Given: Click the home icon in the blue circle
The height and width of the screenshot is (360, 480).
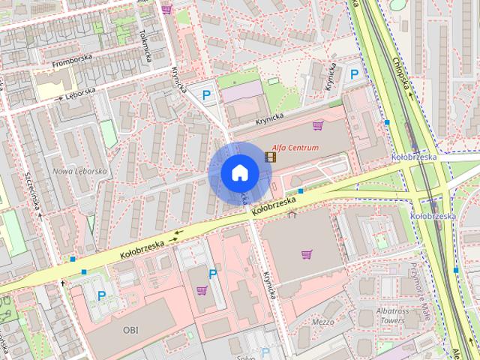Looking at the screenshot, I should click(x=239, y=172).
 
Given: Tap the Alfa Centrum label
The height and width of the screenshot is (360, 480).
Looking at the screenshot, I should click(x=295, y=148).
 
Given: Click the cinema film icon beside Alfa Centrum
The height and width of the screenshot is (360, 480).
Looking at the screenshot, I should click(x=269, y=156).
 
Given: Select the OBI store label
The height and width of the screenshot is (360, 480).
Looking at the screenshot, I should click(x=131, y=329).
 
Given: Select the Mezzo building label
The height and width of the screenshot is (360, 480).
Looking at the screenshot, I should click(x=322, y=322).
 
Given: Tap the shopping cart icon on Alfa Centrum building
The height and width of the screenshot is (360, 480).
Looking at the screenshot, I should click(x=318, y=125).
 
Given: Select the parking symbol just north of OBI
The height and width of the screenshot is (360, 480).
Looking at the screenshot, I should click(x=101, y=295).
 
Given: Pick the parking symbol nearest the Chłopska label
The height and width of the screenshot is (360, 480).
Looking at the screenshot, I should click(x=355, y=73).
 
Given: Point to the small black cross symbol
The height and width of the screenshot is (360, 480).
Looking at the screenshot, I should click(x=62, y=283).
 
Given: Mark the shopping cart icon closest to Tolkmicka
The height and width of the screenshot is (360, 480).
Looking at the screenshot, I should click(x=166, y=10).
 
